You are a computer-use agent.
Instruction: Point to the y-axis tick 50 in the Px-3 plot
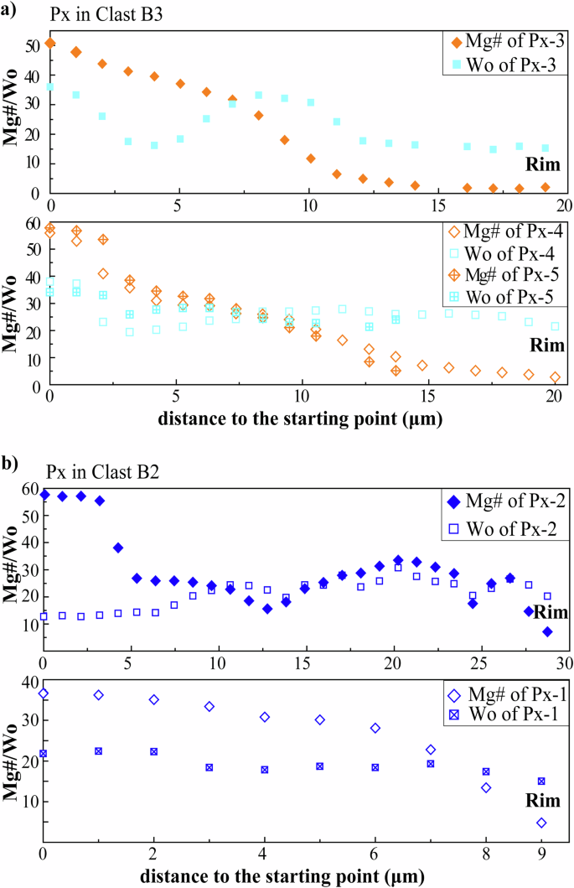[34, 44]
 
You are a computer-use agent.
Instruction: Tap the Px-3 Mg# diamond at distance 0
[50, 43]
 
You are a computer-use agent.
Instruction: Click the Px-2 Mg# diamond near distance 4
[118, 548]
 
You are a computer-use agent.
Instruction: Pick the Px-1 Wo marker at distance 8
[486, 771]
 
